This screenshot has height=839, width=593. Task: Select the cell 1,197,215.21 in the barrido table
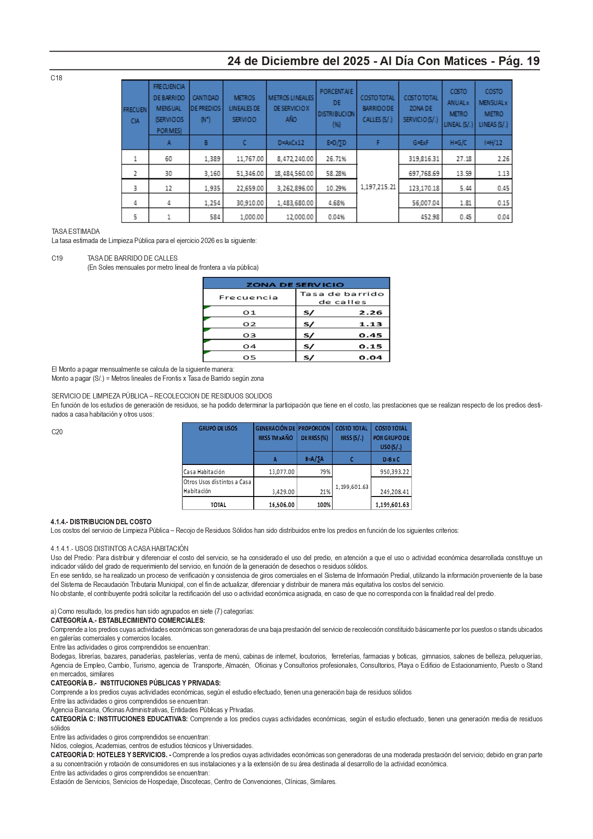coord(378,187)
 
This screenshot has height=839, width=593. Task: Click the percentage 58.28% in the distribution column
coord(336,174)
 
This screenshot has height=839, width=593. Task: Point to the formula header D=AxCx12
coord(291,143)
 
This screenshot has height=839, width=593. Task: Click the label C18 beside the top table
coord(56,78)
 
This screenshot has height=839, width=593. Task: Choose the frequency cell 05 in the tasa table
coord(249,357)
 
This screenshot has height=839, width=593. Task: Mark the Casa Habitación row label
coord(204,472)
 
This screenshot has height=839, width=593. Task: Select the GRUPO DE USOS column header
coord(218,429)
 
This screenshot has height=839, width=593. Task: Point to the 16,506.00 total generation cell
coord(281,505)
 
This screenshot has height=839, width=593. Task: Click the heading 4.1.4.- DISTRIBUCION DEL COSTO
coord(101,522)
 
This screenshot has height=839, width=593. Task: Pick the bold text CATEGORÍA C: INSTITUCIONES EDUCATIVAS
coord(119,719)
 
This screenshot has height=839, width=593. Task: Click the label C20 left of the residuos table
coord(57,432)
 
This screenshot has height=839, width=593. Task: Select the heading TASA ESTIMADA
coord(75,232)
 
